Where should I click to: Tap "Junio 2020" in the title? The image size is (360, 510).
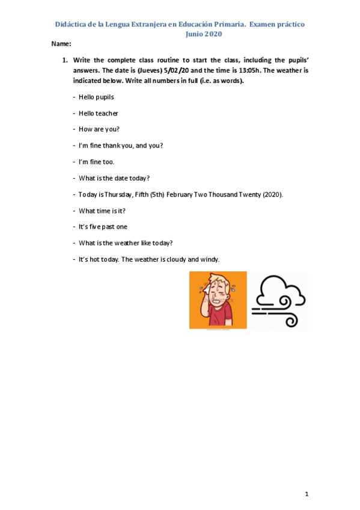pos(204,34)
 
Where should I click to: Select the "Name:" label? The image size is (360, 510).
pos(61,44)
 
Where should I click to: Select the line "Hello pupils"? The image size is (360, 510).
pos(96,97)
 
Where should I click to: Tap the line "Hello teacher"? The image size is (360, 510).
pos(98,113)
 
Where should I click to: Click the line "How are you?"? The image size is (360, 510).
pos(99,129)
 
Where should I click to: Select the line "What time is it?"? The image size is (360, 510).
pos(102,211)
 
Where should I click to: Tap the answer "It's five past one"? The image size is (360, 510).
pos(103,227)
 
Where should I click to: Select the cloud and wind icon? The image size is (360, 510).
pos(278,300)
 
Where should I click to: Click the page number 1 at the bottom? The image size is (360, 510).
pos(307,494)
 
